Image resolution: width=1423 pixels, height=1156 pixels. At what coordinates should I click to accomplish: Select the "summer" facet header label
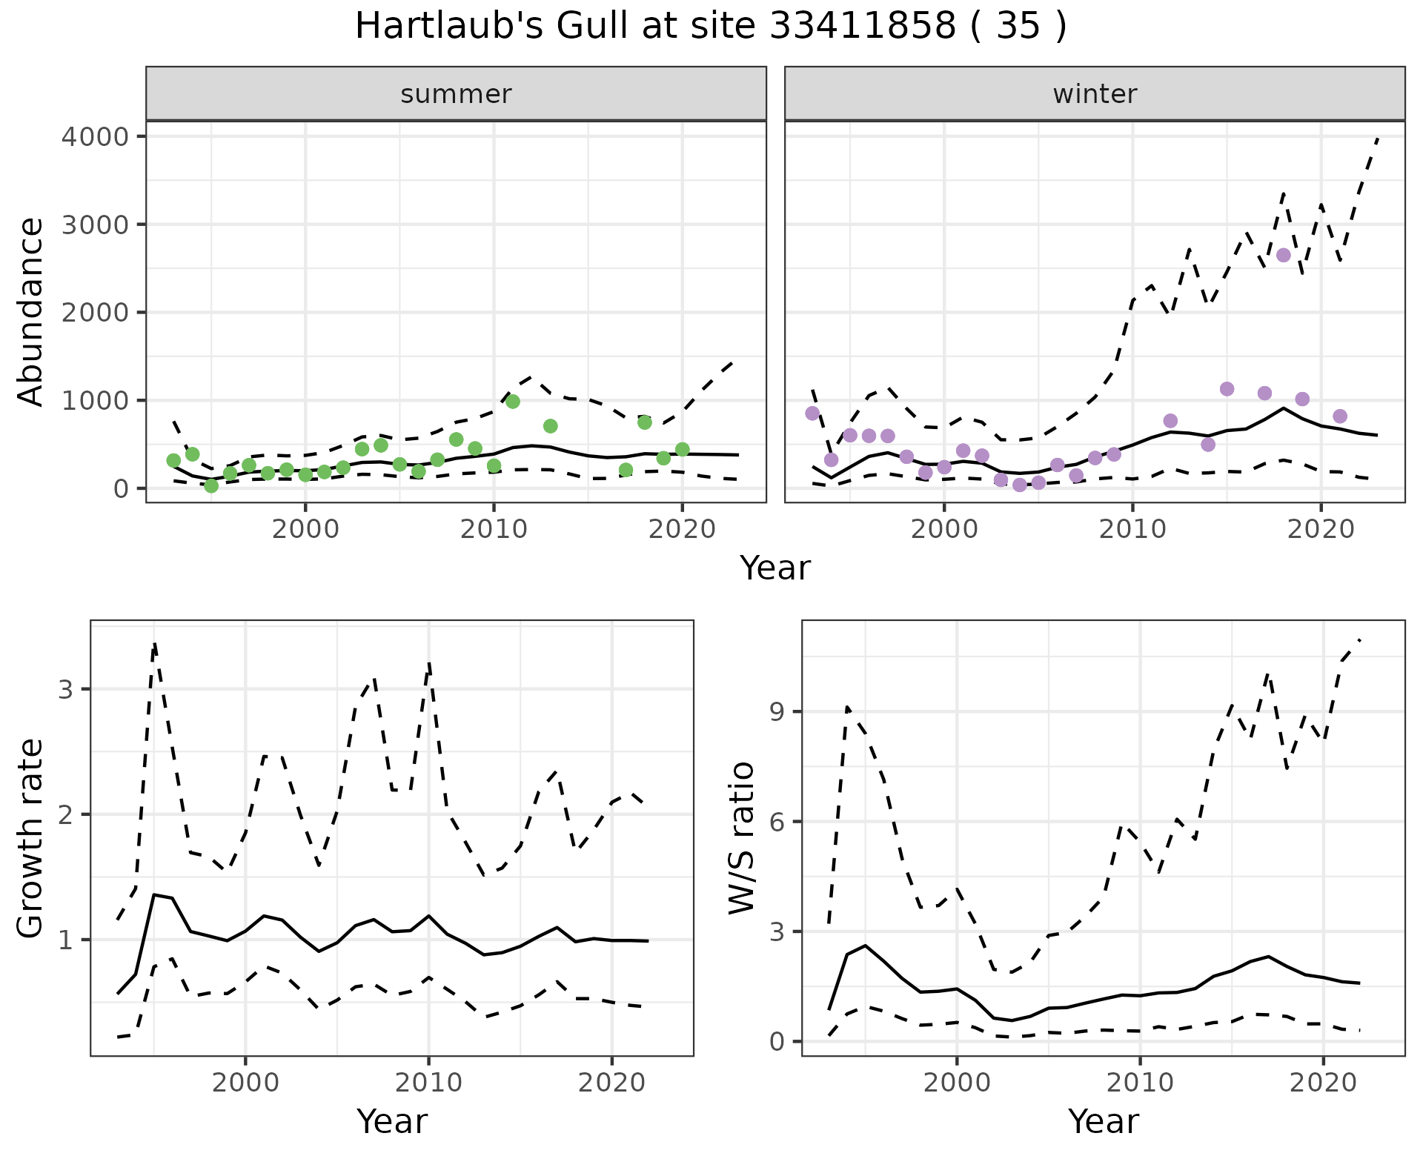tap(456, 94)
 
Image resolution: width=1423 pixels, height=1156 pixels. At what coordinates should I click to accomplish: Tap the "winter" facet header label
tap(1095, 94)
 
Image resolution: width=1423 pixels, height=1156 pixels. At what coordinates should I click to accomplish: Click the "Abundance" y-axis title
tap(31, 312)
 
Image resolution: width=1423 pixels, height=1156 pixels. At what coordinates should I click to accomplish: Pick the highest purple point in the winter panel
tap(1284, 255)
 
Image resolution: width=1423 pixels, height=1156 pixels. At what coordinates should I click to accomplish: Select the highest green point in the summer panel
tap(513, 402)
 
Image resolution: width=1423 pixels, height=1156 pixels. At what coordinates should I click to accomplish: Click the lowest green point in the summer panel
tap(211, 486)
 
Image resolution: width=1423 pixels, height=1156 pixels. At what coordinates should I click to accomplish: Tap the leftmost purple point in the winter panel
tap(812, 413)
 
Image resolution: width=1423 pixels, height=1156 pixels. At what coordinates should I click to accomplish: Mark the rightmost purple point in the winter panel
tap(1340, 416)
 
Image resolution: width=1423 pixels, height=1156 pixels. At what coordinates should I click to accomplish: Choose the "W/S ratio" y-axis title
tap(742, 838)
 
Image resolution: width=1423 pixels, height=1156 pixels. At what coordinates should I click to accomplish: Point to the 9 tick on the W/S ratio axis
tap(777, 712)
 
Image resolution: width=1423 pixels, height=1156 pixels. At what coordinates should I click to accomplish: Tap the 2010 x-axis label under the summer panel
tap(493, 530)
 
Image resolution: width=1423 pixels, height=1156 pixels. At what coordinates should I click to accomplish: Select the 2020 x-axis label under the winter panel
tap(1320, 530)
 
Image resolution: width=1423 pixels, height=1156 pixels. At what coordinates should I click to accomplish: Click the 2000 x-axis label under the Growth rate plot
tap(245, 1083)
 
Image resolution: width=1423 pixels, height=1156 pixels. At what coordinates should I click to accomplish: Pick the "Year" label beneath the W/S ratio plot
tap(1104, 1122)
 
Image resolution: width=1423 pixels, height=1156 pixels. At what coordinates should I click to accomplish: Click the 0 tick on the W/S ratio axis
tap(777, 1042)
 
